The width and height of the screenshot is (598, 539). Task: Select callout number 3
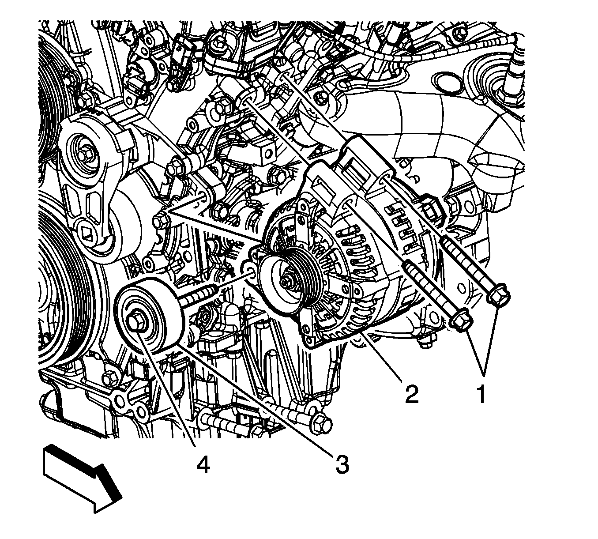(x=342, y=465)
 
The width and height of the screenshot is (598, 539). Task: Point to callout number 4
(x=203, y=465)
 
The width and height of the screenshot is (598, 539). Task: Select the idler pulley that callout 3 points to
(x=149, y=316)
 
